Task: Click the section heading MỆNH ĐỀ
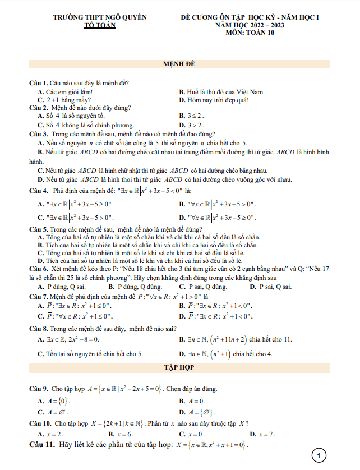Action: point(179,64)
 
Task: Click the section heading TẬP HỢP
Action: point(179,367)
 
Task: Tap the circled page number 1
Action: point(318,455)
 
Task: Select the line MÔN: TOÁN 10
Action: point(248,33)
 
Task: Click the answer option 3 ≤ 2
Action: point(194,116)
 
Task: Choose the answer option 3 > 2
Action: point(195,125)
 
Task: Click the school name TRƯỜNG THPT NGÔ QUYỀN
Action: point(99,17)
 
